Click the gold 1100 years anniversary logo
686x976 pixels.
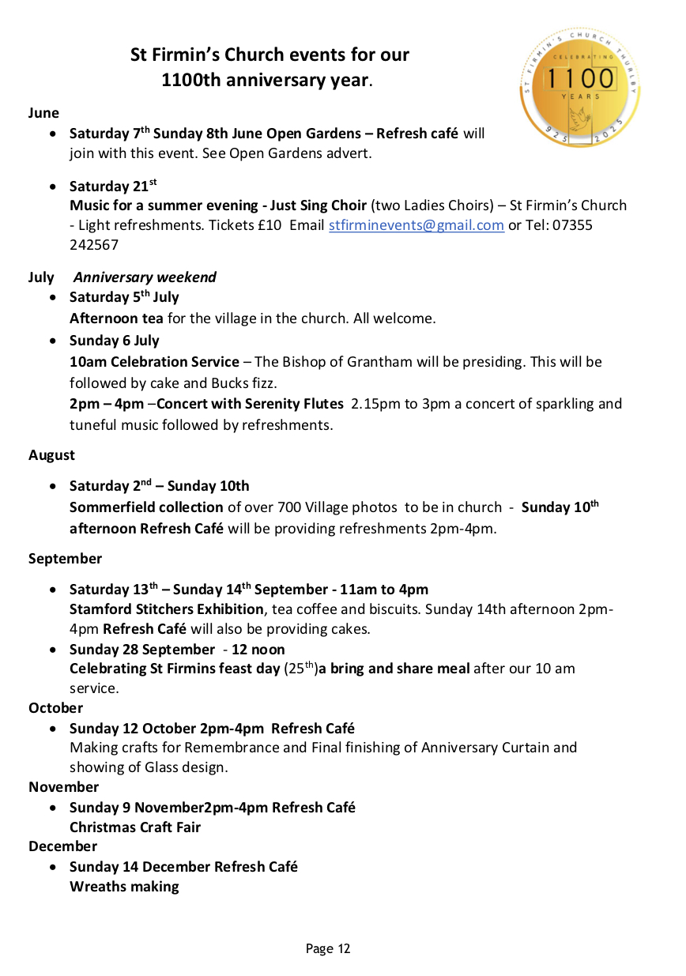(x=580, y=86)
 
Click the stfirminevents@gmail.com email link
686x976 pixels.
(x=416, y=225)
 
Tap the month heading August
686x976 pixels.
(x=52, y=455)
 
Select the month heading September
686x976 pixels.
(x=66, y=559)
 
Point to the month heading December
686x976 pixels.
(x=62, y=846)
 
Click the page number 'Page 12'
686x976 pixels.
(x=328, y=948)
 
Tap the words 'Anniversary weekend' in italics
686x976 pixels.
(x=145, y=277)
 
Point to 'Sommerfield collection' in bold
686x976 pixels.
(x=146, y=507)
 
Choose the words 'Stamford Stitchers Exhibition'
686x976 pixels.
(x=167, y=609)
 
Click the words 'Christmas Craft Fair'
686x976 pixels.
(x=135, y=827)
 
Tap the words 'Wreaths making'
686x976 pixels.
(x=124, y=887)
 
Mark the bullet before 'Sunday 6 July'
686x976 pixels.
(x=52, y=341)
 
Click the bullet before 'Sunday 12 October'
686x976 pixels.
(x=52, y=729)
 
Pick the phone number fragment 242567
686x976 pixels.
(x=94, y=245)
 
